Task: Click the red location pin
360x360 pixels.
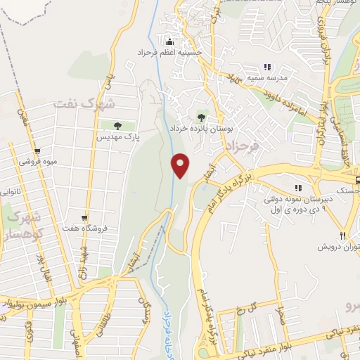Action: point(181,165)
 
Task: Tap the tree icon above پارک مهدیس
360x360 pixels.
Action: point(117,127)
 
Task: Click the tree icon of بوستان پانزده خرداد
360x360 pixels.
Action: point(202,117)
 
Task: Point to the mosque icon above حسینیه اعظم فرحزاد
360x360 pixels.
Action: point(169,40)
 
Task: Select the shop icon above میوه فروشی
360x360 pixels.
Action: point(37,150)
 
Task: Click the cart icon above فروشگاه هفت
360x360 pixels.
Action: point(84,217)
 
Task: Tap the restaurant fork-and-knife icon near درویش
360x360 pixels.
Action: point(343,236)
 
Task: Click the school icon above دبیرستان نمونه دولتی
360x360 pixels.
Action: point(298,188)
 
